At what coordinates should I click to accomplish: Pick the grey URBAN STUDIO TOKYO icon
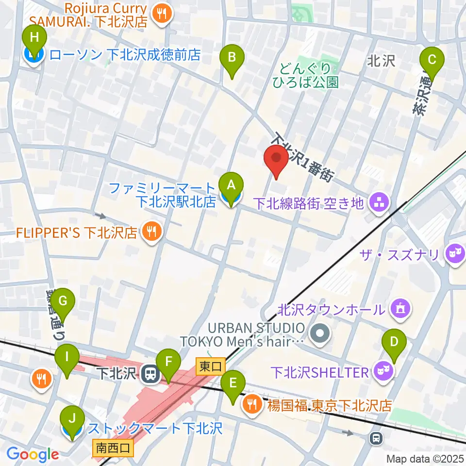pos(320,333)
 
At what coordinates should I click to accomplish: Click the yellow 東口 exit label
pos(205,365)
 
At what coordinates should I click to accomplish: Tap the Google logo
pos(33,454)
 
